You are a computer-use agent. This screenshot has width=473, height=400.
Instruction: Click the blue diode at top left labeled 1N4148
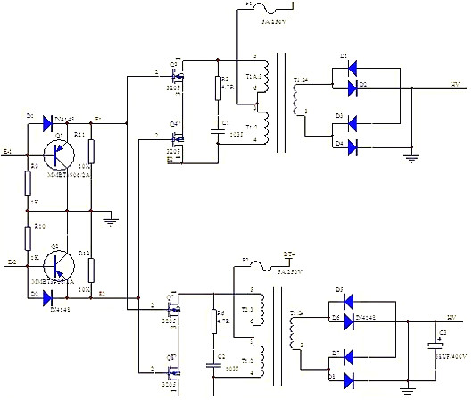47,119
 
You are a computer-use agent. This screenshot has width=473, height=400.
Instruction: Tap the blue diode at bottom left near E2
47,293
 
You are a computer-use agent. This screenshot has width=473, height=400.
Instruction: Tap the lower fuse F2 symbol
262,265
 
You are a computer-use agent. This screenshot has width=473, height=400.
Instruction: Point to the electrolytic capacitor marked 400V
436,346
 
